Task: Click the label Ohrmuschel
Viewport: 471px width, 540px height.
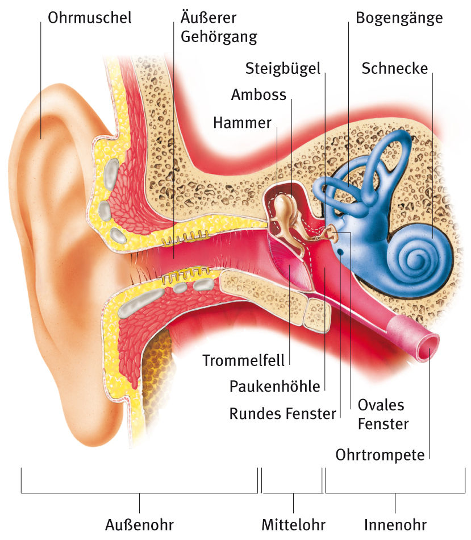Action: point(90,18)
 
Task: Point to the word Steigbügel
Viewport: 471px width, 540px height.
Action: point(283,69)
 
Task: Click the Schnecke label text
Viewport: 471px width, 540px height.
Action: point(394,69)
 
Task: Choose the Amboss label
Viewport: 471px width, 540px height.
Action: point(259,95)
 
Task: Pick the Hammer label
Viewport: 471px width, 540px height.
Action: point(243,123)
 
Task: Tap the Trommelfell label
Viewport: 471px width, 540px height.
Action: point(243,360)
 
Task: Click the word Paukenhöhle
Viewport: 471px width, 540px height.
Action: point(275,387)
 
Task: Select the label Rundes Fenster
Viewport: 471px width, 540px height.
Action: point(283,414)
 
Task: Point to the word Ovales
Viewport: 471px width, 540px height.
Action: point(381,405)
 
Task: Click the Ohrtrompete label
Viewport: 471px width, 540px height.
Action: point(380,455)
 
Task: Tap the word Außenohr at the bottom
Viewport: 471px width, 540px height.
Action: point(139,525)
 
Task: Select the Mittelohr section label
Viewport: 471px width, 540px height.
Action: point(293,525)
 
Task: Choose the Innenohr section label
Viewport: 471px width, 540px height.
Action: point(395,525)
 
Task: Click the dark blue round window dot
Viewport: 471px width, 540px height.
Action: point(340,252)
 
